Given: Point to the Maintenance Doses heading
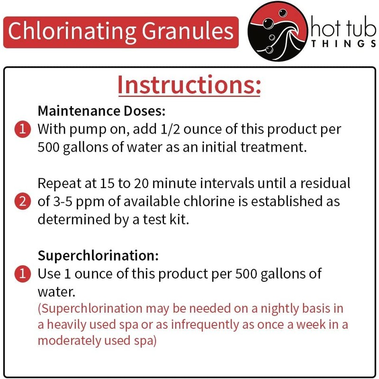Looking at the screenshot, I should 101,111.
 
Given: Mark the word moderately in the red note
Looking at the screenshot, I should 78,341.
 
